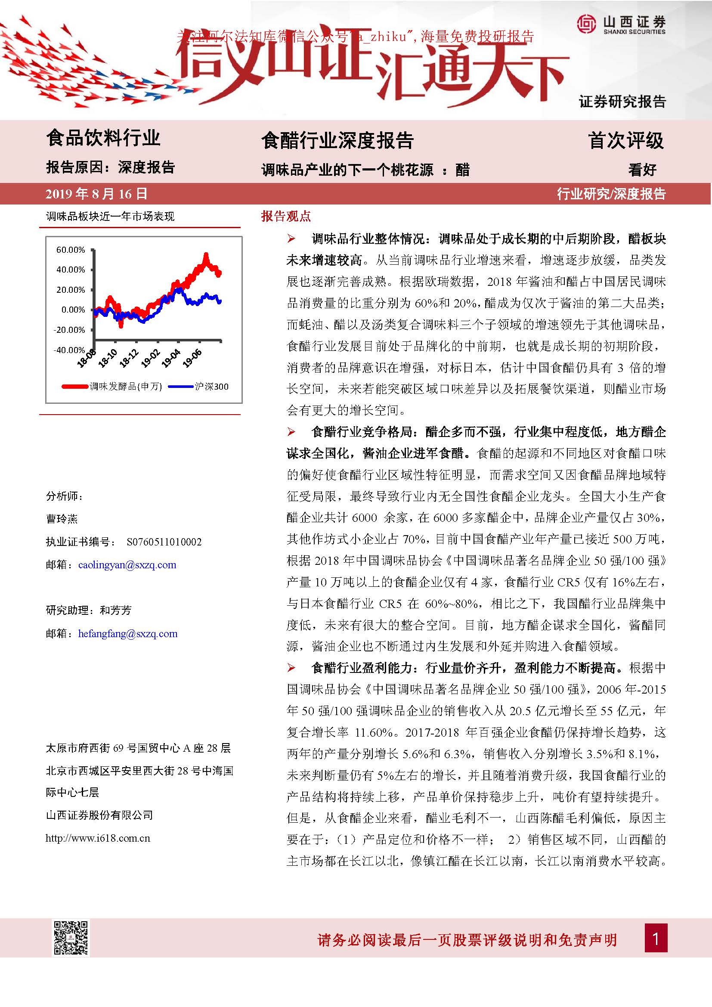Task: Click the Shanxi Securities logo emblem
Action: tap(586, 24)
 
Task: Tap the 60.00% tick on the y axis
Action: tap(71, 250)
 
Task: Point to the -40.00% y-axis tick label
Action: tap(69, 350)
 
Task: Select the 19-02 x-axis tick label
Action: tap(150, 357)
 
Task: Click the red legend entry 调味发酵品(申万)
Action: tap(112, 386)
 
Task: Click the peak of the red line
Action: tap(206, 254)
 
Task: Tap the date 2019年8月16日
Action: tap(96, 194)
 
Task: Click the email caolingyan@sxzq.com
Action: tap(127, 565)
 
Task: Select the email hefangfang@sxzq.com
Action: tap(127, 634)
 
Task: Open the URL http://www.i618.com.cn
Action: tap(98, 838)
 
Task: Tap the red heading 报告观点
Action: tap(286, 216)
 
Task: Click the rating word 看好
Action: tap(642, 169)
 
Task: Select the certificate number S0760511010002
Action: tap(164, 542)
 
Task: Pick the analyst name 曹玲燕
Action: tap(62, 519)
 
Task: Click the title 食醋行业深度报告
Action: tap(337, 140)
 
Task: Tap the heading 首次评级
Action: tap(626, 140)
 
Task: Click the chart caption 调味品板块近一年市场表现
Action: tap(110, 216)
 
